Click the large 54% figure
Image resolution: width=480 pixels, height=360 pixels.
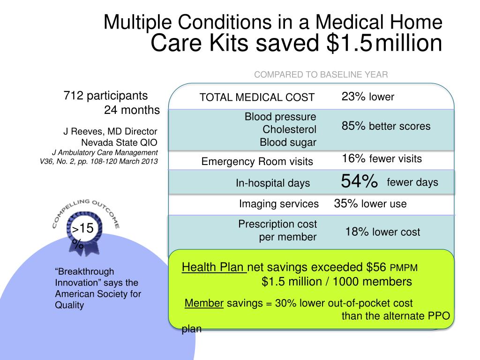[x=359, y=181]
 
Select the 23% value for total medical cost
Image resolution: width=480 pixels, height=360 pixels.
[x=353, y=97]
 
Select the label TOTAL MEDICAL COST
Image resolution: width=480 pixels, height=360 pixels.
[x=257, y=97]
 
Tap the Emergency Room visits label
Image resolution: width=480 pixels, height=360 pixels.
[x=257, y=162]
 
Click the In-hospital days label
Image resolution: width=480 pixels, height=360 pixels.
[x=273, y=183]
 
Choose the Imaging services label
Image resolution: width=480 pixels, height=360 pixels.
[x=279, y=204]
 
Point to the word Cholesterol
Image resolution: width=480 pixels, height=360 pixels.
[x=289, y=129]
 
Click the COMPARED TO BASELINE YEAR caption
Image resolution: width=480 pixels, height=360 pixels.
[x=321, y=75]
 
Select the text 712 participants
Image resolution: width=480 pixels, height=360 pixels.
[x=105, y=96]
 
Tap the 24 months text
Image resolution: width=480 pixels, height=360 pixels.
[x=132, y=110]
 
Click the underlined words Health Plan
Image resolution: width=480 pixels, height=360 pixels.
[x=213, y=267]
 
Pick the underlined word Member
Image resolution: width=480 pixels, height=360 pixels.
[x=204, y=303]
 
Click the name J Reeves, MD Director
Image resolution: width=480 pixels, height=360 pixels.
[x=110, y=132]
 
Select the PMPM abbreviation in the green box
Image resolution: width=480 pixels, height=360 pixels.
[x=404, y=268]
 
